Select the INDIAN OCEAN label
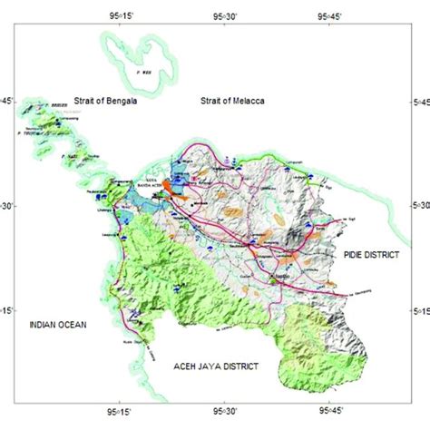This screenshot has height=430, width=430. coord(55,323)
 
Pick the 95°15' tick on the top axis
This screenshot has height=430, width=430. coord(121,15)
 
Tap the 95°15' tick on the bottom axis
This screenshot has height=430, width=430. coord(121,409)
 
